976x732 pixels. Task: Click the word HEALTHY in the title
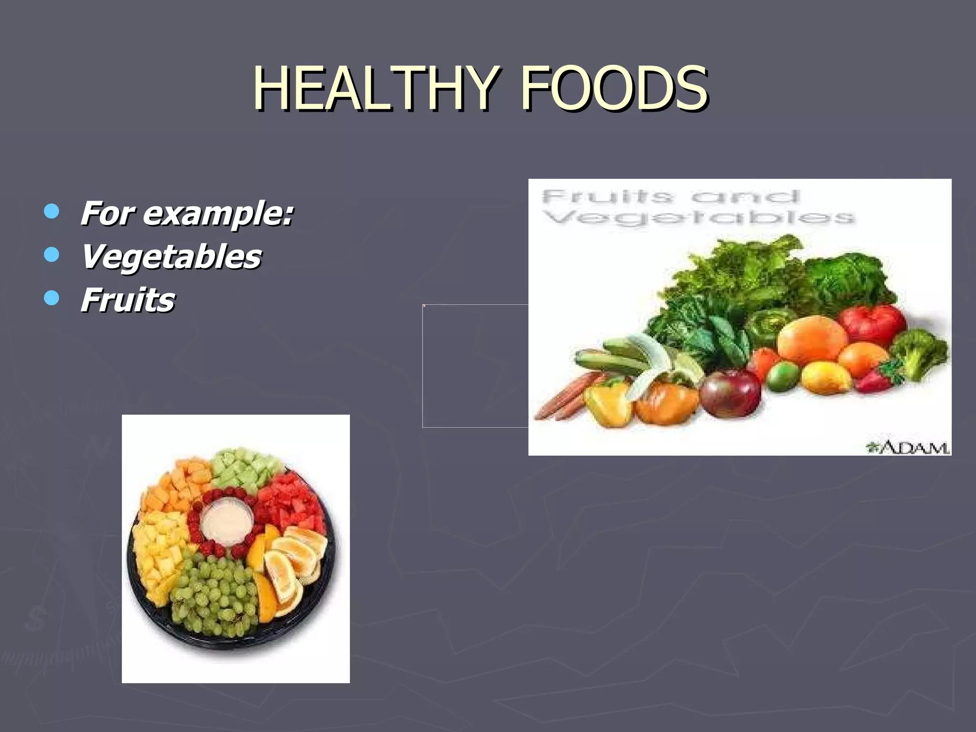pyautogui.click(x=376, y=88)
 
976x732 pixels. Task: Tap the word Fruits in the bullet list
pyautogui.click(x=128, y=300)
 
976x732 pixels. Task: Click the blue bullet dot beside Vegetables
pyautogui.click(x=51, y=254)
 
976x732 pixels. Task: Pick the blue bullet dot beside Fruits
pyautogui.click(x=51, y=298)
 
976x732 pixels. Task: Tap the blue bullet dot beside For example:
pyautogui.click(x=51, y=211)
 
